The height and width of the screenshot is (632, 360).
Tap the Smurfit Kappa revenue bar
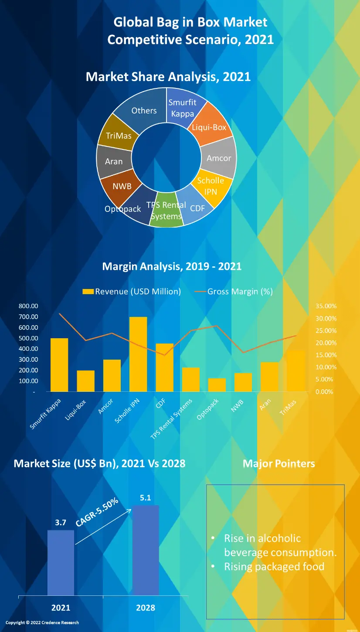pyautogui.click(x=59, y=365)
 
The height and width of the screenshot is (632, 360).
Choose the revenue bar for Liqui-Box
pyautogui.click(x=86, y=381)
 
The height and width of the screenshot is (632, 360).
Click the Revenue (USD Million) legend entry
pyautogui.click(x=132, y=292)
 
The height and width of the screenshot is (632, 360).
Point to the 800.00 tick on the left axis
pyautogui.click(x=28, y=306)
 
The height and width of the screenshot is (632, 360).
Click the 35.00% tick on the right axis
pyautogui.click(x=326, y=306)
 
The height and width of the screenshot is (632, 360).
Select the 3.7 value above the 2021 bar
pyautogui.click(x=61, y=523)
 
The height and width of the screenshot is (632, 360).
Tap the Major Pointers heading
pyautogui.click(x=278, y=463)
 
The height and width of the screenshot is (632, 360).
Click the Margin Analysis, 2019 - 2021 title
pyautogui.click(x=172, y=266)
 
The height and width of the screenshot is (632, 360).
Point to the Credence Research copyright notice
pyautogui.click(x=42, y=622)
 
